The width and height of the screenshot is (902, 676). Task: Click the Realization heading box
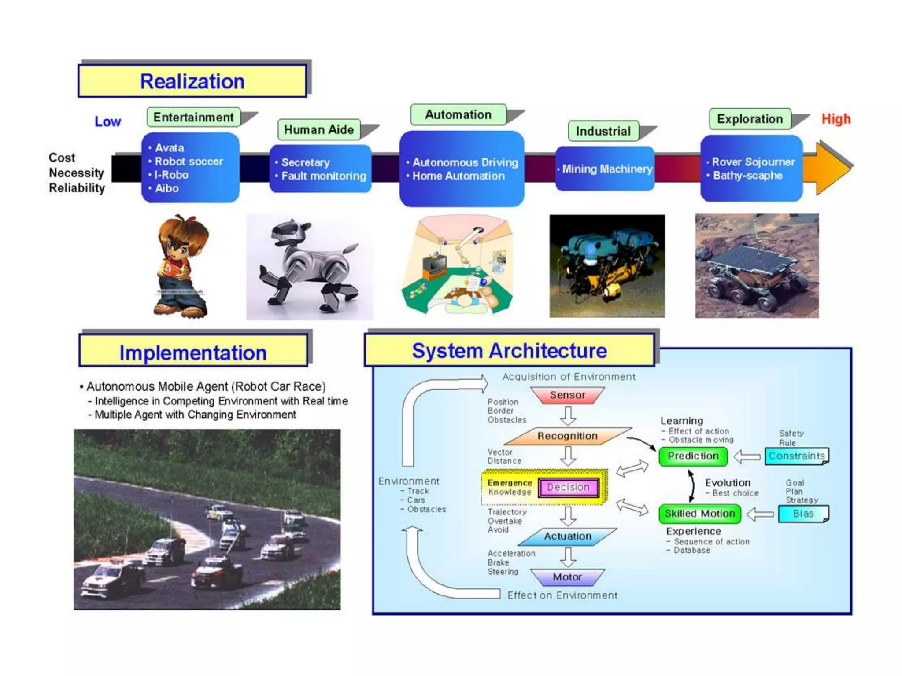pyautogui.click(x=192, y=81)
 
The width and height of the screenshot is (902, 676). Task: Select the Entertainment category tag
pyautogui.click(x=193, y=117)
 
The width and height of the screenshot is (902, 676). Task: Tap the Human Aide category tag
pyautogui.click(x=319, y=129)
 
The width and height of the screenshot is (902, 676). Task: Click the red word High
pyautogui.click(x=836, y=119)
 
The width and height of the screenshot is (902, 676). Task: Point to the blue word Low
pyautogui.click(x=107, y=121)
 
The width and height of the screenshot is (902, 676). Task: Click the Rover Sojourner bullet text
pyautogui.click(x=753, y=162)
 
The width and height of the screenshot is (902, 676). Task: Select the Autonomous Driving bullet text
pyautogui.click(x=465, y=162)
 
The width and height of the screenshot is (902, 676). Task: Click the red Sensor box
pyautogui.click(x=567, y=395)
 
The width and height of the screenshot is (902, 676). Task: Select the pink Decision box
pyautogui.click(x=568, y=487)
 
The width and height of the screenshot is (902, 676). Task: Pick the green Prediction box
pyautogui.click(x=693, y=456)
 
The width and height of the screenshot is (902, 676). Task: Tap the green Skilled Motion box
pyautogui.click(x=699, y=514)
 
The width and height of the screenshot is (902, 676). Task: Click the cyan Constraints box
pyautogui.click(x=796, y=456)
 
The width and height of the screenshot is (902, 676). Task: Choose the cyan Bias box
pyautogui.click(x=803, y=514)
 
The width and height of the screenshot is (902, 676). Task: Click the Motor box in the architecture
pyautogui.click(x=567, y=577)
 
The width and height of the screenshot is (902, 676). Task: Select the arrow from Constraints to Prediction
pyautogui.click(x=747, y=457)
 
